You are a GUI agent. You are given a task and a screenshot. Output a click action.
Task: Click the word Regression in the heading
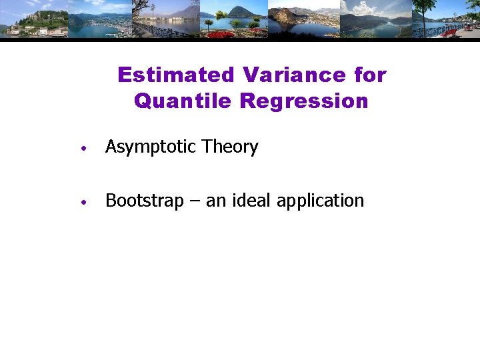[x=304, y=101]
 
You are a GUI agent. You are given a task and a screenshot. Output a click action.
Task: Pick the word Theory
[x=230, y=147]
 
